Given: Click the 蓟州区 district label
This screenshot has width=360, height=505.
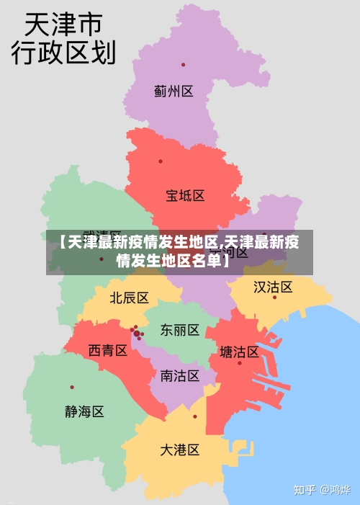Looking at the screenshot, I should [x=174, y=91].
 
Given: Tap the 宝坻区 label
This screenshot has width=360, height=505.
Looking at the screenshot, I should [x=186, y=195].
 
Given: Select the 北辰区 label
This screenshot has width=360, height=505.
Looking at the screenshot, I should [x=130, y=298].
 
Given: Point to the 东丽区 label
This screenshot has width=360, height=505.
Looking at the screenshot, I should [x=180, y=330].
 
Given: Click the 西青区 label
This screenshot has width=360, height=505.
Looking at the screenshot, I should [x=108, y=351].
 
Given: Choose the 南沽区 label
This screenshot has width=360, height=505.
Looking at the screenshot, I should [x=180, y=375].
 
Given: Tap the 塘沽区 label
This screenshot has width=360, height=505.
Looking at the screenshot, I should [x=239, y=352].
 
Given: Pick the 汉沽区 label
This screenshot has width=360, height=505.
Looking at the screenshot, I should [x=273, y=287].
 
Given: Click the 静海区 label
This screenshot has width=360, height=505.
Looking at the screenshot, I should [x=84, y=411].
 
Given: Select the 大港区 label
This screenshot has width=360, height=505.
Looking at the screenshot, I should [x=179, y=450].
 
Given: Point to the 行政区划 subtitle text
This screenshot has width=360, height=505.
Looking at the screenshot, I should [x=63, y=53].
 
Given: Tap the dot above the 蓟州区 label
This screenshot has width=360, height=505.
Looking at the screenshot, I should [x=183, y=65].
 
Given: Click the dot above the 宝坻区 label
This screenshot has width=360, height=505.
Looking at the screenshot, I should [x=161, y=161].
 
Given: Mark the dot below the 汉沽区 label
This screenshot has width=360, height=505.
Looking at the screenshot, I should [x=274, y=298].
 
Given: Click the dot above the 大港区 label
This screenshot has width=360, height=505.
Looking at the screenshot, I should [x=194, y=416].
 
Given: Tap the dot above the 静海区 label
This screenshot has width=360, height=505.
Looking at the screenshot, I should [x=72, y=387].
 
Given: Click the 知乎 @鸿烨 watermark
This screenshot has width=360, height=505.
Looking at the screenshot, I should [x=321, y=490].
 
